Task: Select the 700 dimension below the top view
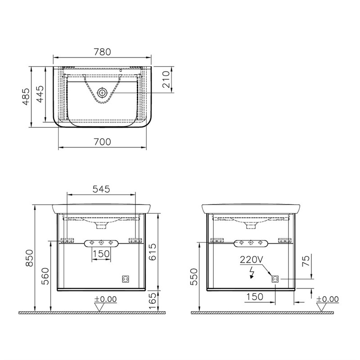[102, 142]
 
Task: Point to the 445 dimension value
[40, 95]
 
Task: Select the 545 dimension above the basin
[101, 189]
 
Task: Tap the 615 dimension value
[153, 252]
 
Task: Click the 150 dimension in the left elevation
[101, 254]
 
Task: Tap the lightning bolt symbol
[250, 273]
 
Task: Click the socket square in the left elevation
[126, 279]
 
